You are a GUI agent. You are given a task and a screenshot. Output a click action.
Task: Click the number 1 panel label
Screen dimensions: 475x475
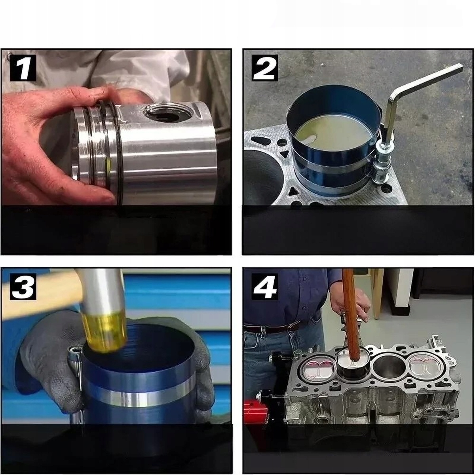tap(23, 68)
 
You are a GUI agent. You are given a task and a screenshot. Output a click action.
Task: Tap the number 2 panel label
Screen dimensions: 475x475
tap(265, 68)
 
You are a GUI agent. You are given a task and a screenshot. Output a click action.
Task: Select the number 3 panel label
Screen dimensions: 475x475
tap(23, 287)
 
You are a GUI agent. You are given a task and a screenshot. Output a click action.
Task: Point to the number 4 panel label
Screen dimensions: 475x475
tap(265, 287)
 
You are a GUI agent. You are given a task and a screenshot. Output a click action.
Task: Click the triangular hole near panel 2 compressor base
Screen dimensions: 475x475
tap(286, 155)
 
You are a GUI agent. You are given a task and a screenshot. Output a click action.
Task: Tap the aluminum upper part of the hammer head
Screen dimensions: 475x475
tap(102, 291)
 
